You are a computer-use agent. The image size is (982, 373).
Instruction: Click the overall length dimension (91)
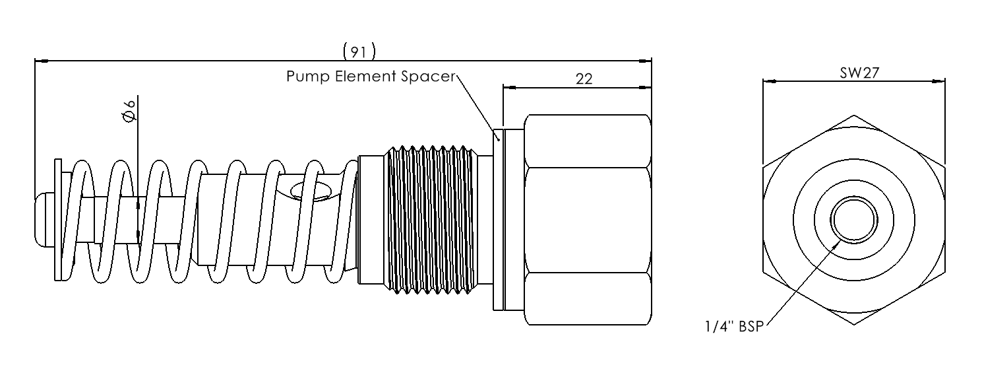click(x=359, y=51)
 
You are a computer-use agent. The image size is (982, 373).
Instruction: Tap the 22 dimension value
click(x=584, y=79)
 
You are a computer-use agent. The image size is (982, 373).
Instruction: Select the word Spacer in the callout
click(x=429, y=77)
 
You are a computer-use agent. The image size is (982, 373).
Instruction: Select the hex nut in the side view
click(x=588, y=219)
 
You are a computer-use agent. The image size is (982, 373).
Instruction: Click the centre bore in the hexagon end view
click(x=854, y=220)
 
